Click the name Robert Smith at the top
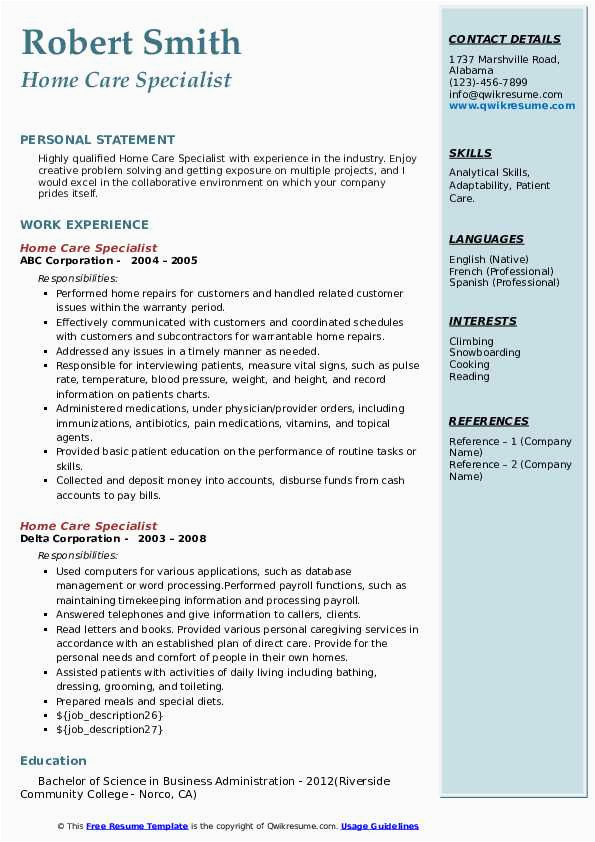click(x=131, y=42)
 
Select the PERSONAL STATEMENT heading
click(x=97, y=140)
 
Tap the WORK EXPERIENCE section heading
click(x=84, y=225)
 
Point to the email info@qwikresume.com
click(x=505, y=94)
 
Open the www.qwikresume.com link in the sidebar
click(x=512, y=106)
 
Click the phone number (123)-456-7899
click(x=488, y=83)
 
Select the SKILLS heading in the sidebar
click(x=470, y=153)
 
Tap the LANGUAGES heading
click(x=486, y=239)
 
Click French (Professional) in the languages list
click(x=501, y=271)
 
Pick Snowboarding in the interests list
click(x=484, y=353)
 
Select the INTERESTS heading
click(x=483, y=321)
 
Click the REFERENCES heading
click(x=488, y=421)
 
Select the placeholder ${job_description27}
click(x=109, y=730)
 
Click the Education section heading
click(x=53, y=761)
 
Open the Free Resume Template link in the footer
click(x=137, y=826)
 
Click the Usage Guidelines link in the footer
click(x=380, y=826)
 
